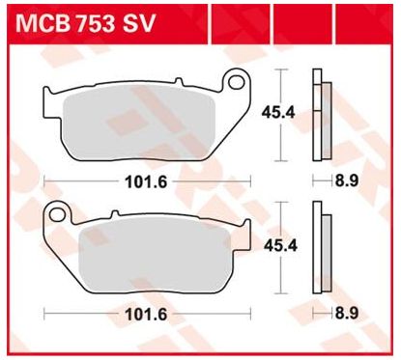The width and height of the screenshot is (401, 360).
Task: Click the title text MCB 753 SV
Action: click(85, 23)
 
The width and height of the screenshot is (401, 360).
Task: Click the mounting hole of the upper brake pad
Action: click(237, 82)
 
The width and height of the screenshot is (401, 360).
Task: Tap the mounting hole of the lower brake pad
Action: click(57, 213)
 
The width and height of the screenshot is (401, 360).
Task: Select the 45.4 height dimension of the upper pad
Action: click(278, 113)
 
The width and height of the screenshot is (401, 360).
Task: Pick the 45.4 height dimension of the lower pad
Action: click(280, 246)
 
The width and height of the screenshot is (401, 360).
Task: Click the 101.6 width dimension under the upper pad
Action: click(146, 182)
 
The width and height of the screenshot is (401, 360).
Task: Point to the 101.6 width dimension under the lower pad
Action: click(146, 315)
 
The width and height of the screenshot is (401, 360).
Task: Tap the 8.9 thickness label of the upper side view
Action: click(347, 180)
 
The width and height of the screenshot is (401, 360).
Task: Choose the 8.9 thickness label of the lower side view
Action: click(347, 314)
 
